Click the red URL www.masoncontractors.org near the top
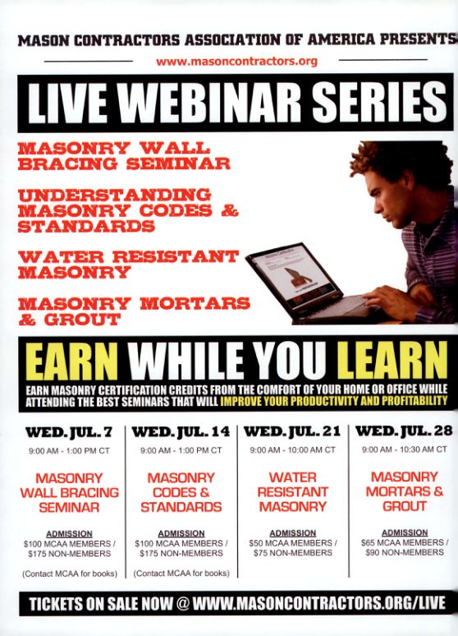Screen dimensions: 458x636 [236, 62]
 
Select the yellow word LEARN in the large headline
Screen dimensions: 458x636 [392, 360]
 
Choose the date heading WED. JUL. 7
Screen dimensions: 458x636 [68, 432]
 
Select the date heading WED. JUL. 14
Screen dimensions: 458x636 [181, 432]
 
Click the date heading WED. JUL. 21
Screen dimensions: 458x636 [292, 431]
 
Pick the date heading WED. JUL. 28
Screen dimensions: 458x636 [404, 431]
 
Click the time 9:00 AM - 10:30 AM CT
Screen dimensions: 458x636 [405, 449]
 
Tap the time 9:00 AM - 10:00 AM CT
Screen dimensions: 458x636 [293, 449]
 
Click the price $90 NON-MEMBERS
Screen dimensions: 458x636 [405, 552]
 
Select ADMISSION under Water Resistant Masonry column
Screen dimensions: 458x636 [293, 533]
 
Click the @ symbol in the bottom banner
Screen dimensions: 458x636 [183, 603]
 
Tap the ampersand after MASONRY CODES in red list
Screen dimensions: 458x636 [230, 211]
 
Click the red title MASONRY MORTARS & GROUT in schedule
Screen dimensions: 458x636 [405, 491]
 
